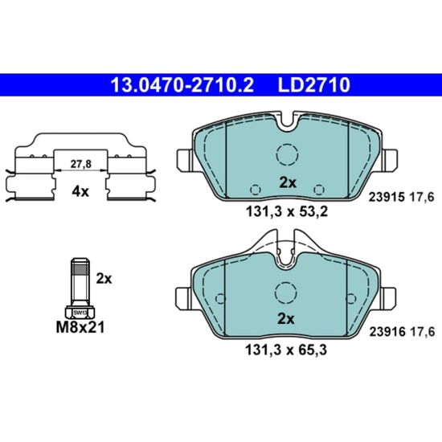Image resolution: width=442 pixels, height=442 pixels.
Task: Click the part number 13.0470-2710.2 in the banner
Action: click(x=182, y=85)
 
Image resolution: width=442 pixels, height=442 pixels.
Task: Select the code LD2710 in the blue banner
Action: click(x=314, y=85)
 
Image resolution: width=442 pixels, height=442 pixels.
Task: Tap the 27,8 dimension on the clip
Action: click(x=81, y=164)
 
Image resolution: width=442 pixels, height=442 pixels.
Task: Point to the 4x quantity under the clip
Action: click(x=80, y=192)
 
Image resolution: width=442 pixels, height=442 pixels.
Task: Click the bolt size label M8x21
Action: click(x=80, y=327)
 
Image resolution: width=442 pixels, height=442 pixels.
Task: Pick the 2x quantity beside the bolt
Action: click(x=104, y=279)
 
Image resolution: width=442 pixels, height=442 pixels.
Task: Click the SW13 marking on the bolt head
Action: click(x=80, y=313)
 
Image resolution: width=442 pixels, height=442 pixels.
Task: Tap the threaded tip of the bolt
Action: click(x=80, y=267)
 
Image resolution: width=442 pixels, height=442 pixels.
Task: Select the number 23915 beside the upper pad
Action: click(x=387, y=197)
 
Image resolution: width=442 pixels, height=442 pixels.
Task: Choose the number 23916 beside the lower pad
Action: click(x=387, y=332)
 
